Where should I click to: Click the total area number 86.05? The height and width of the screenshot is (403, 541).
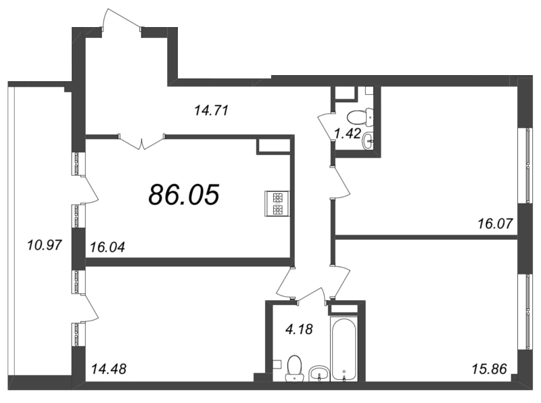click(184, 195)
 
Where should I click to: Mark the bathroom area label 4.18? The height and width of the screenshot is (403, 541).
click(298, 330)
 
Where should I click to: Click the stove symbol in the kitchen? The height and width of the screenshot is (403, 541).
click(278, 204)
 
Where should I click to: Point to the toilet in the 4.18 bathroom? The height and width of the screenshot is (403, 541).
click(294, 368)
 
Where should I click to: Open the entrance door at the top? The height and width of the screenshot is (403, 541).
click(122, 20)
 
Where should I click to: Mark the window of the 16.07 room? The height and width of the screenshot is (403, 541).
click(526, 164)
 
